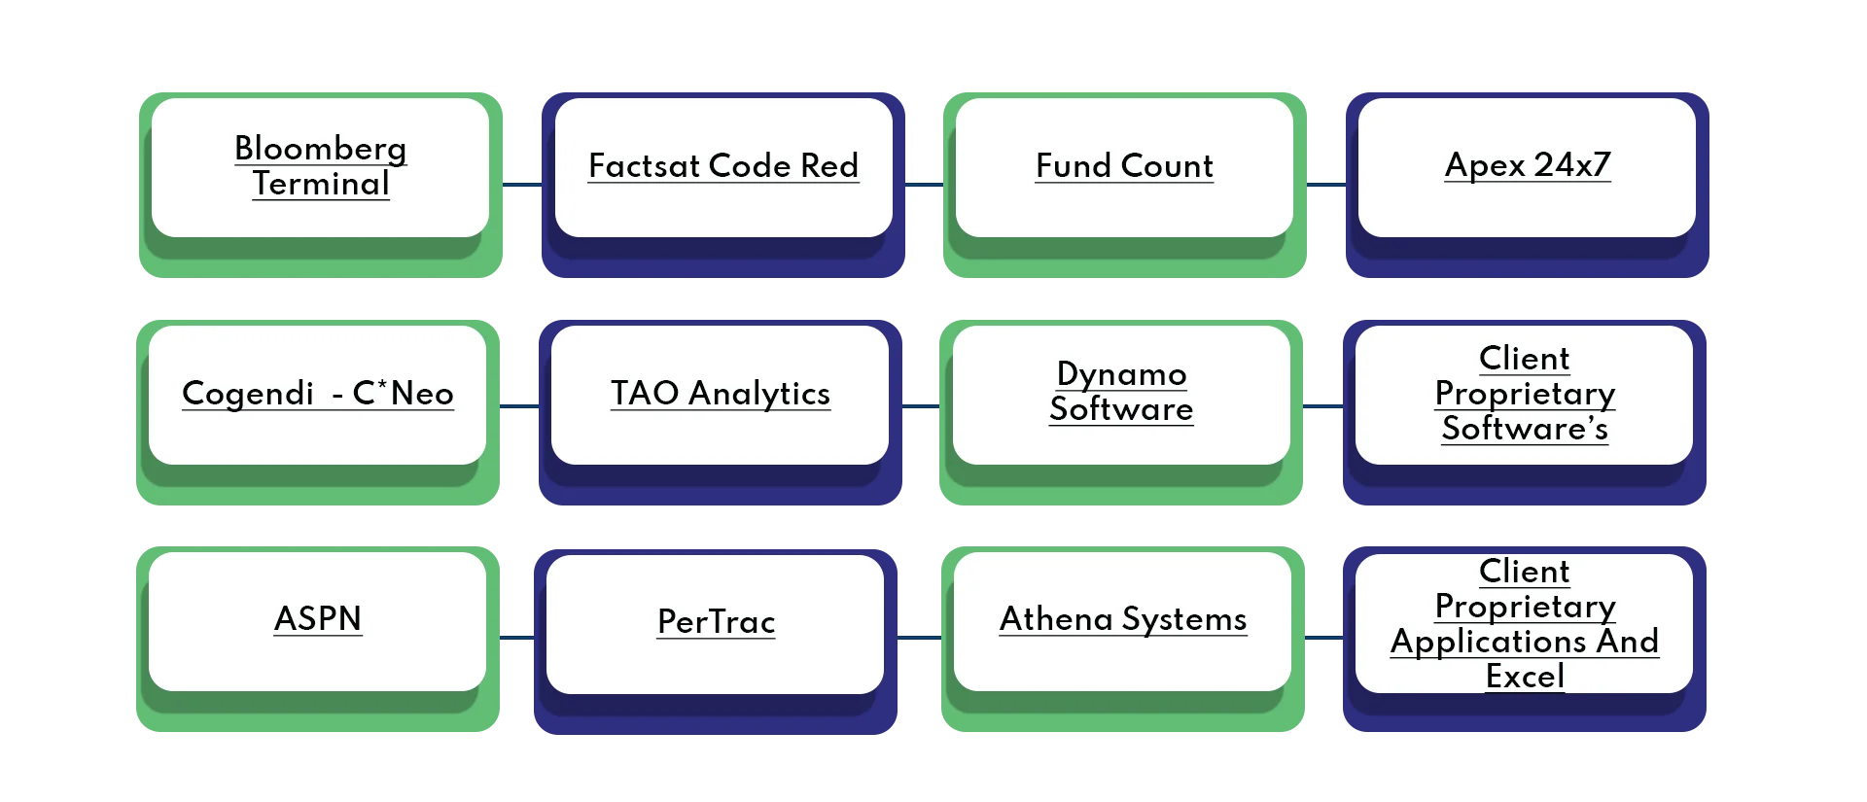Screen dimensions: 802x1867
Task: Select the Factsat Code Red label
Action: pos(723,166)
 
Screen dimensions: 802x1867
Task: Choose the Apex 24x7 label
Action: pos(1528,165)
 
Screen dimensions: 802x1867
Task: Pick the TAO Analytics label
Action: pos(721,394)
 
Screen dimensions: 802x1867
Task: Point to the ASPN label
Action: pos(318,619)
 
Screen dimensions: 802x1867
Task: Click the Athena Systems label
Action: pos(1123,619)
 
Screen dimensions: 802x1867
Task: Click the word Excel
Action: pos(1525,677)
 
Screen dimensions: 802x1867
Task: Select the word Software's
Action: pos(1525,429)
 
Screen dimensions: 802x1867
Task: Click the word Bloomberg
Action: pos(321,149)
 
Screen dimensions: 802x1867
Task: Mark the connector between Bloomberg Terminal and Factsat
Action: pos(521,183)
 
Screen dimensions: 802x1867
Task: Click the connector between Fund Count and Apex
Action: pos(1326,183)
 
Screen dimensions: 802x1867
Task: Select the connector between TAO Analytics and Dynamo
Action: pos(920,407)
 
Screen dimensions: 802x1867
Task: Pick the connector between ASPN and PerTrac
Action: pos(515,638)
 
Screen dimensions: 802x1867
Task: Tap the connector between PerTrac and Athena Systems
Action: pos(921,638)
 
